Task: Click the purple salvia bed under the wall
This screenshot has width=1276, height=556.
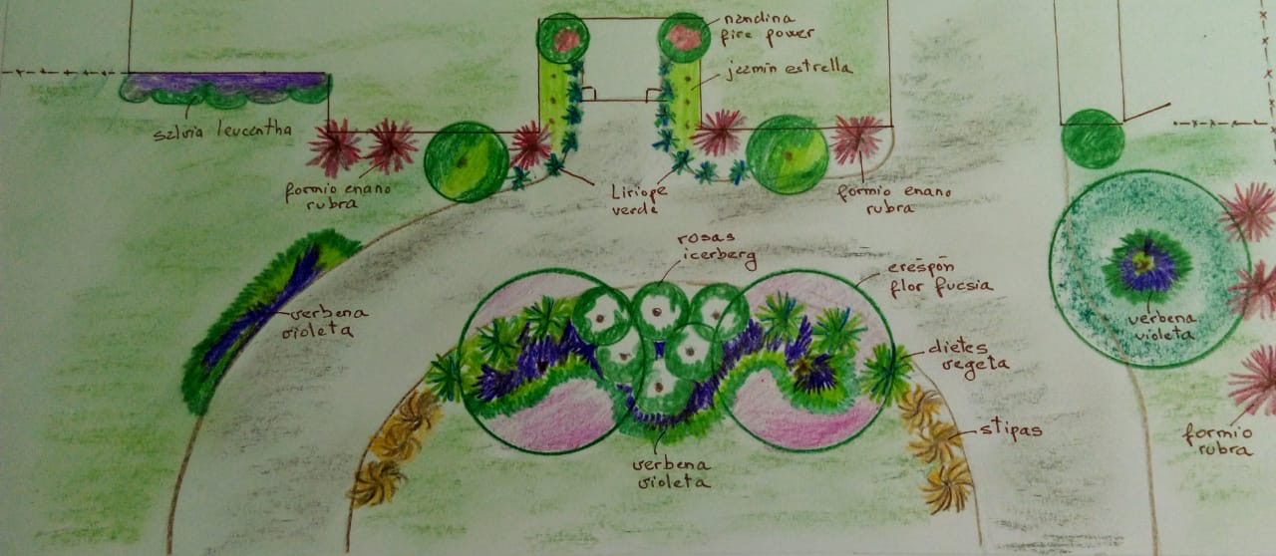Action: click(223, 87)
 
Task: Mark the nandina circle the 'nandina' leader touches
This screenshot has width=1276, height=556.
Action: click(684, 38)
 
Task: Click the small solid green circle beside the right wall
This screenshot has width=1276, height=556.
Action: click(1093, 139)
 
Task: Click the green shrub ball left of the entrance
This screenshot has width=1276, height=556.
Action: click(466, 161)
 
